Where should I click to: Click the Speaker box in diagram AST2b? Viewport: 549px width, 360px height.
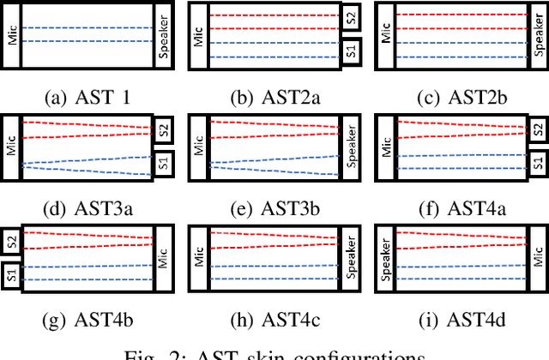pos(536,35)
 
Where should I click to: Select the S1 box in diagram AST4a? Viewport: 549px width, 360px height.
pos(536,162)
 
